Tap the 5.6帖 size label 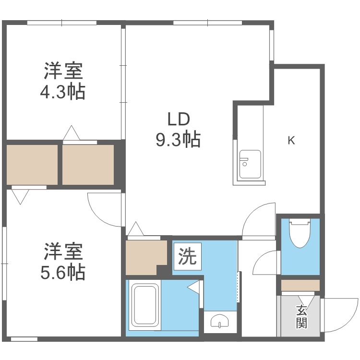pos(62,272)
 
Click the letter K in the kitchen pos(291,140)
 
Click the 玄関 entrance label pos(301,316)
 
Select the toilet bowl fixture pos(300,232)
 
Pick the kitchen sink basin pos(250,163)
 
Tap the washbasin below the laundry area pos(221,321)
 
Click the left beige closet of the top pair pos(32,164)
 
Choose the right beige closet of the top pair pos(88,164)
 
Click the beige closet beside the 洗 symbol pos(144,257)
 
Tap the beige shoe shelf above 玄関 pos(300,286)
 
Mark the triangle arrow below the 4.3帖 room pos(71,132)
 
